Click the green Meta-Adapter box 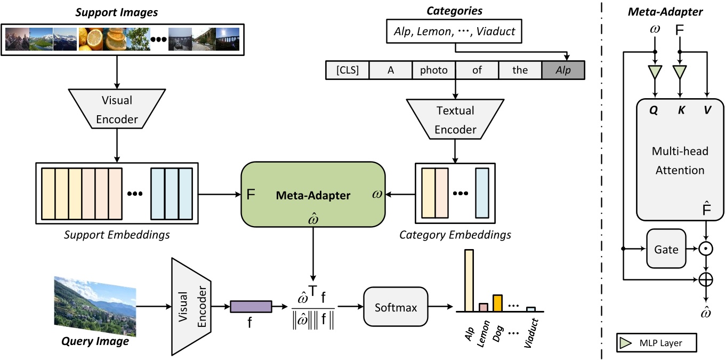tap(313, 195)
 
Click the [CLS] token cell tap(347, 70)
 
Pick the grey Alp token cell tap(562, 70)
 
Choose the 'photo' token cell tap(433, 70)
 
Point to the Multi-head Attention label tap(672, 161)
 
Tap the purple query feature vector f tap(251, 307)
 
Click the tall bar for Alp tap(469, 280)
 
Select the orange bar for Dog tap(497, 302)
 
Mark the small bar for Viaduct tap(530, 309)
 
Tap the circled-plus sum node tap(706, 278)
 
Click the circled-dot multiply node tap(706, 249)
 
